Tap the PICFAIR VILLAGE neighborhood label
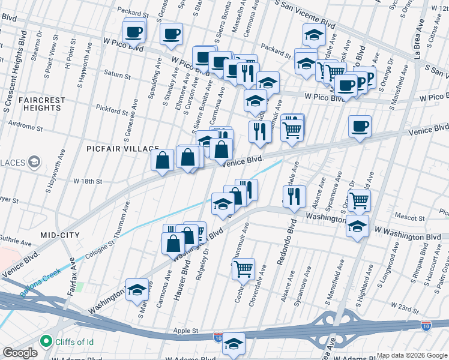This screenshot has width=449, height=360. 122,148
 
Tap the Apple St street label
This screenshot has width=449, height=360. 185,331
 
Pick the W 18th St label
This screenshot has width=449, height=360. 88,181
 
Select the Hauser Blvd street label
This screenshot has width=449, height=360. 181,275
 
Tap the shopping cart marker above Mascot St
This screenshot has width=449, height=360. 359,200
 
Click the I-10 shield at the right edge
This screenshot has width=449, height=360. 426,326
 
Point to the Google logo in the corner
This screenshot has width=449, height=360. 19,353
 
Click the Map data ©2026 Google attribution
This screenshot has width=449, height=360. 412,355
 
